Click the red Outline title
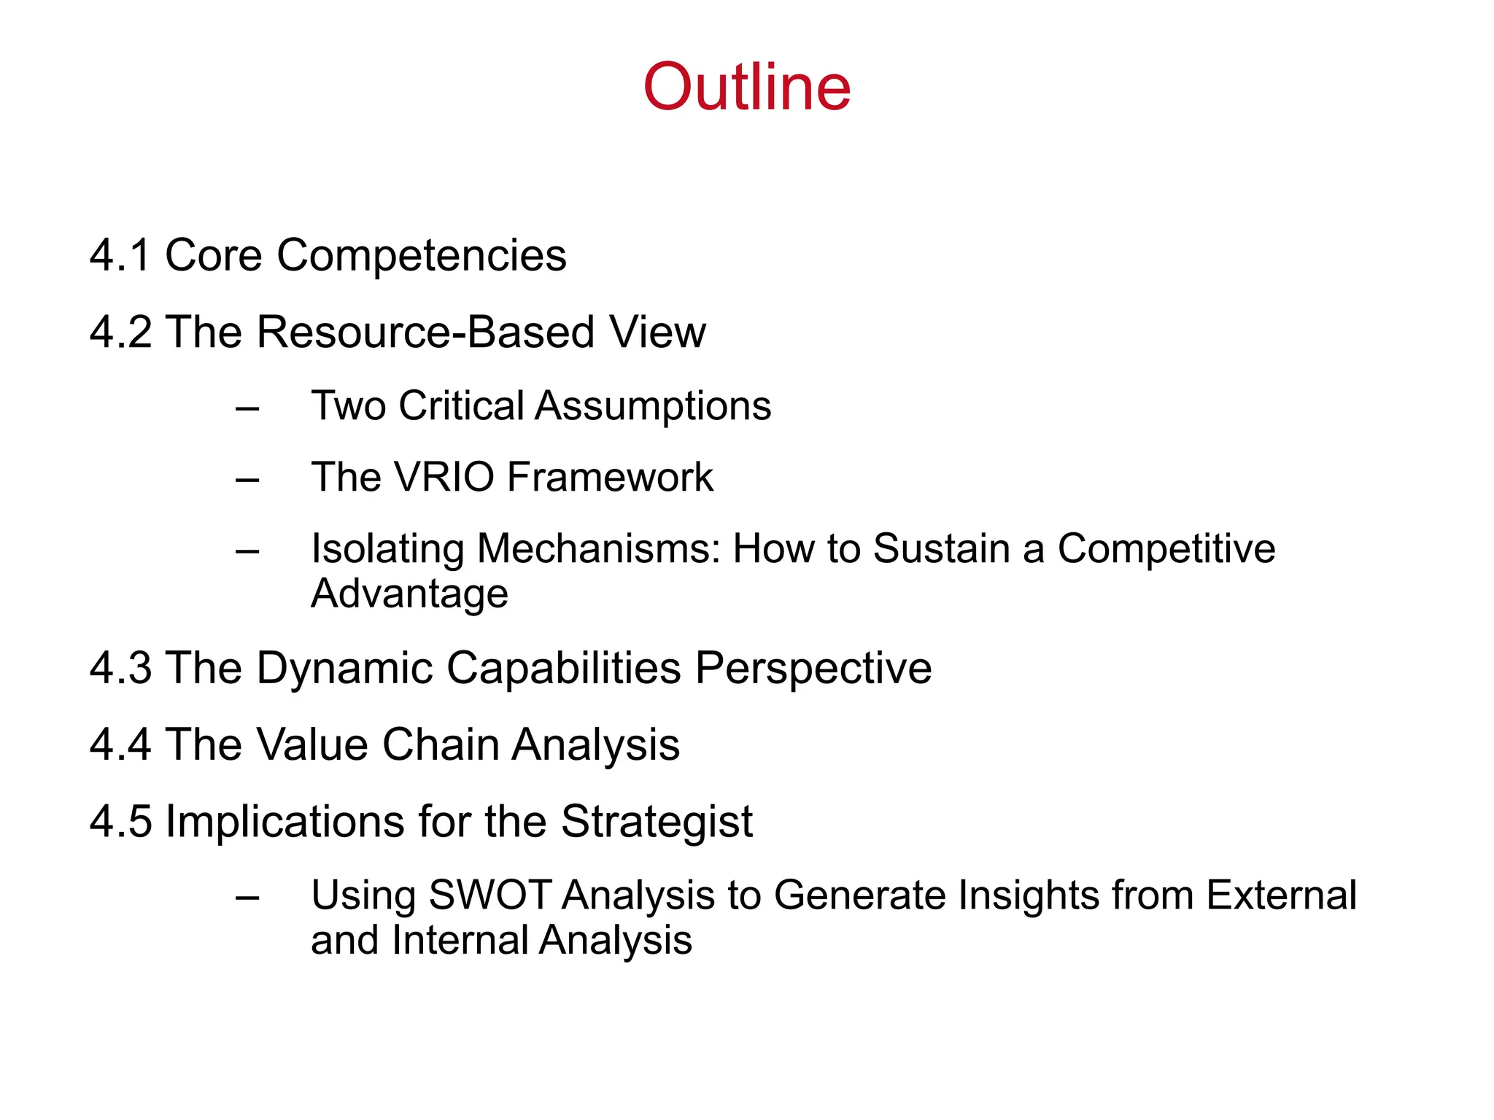click(746, 87)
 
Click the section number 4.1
click(120, 255)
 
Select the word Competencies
click(421, 257)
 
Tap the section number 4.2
click(120, 332)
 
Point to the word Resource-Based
click(426, 332)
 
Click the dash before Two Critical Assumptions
click(247, 408)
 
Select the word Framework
click(610, 478)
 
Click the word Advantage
click(409, 594)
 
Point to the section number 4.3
click(120, 668)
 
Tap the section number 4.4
click(120, 745)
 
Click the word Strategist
click(657, 822)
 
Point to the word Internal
click(460, 941)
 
